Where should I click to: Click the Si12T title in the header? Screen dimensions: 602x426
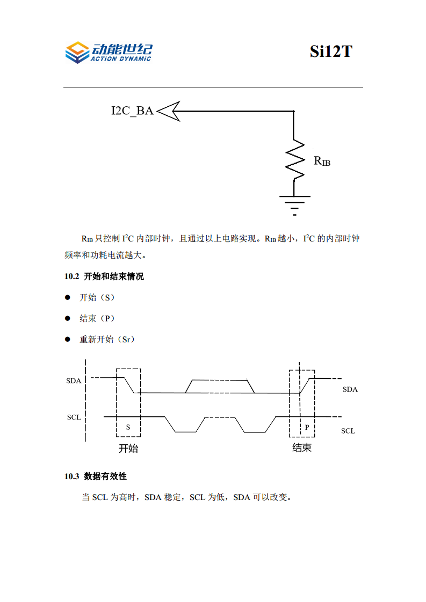330,52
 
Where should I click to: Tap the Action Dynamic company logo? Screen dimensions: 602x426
108,52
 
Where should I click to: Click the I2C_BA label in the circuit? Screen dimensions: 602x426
132,111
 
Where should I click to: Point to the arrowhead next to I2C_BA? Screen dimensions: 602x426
168,111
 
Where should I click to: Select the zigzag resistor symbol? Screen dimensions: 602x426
294,159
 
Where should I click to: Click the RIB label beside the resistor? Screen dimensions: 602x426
322,160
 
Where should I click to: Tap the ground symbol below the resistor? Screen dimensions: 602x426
294,204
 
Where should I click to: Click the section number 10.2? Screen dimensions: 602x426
71,277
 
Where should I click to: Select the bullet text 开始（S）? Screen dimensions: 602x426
97,297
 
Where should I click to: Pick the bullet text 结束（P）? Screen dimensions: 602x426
97,318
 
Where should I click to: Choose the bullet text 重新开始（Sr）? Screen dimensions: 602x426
107,339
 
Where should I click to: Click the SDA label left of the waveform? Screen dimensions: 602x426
74,381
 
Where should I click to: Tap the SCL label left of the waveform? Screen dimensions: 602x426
74,417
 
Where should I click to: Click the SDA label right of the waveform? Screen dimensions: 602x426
350,390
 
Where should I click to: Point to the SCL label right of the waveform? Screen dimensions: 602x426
348,431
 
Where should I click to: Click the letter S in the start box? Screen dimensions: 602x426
128,427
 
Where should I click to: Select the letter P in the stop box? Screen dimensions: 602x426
307,427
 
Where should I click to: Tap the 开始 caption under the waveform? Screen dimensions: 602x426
128,449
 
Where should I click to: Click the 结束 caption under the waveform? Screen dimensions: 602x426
302,447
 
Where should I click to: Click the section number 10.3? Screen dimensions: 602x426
71,476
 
